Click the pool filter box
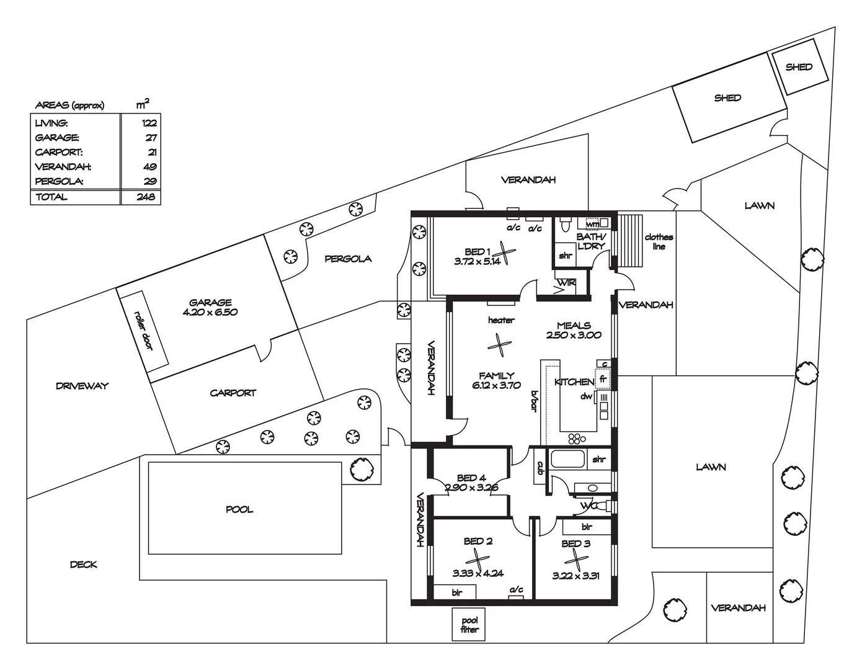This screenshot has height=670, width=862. click(469, 624)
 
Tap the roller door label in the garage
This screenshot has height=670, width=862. click(144, 329)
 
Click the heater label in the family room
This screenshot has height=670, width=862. click(500, 320)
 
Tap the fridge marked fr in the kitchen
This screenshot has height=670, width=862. click(603, 378)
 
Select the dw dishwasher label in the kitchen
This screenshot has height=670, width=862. click(586, 396)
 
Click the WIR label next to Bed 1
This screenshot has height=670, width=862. click(566, 283)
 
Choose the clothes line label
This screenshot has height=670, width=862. click(659, 241)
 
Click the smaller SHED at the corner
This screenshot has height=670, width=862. click(799, 67)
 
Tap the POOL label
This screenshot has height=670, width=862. click(239, 509)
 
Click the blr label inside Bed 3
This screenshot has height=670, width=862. click(586, 527)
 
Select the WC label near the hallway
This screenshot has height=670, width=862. click(587, 506)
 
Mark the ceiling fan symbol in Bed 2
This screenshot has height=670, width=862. click(478, 558)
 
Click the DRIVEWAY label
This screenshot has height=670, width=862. click(82, 386)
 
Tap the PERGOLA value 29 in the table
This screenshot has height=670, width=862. click(150, 182)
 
